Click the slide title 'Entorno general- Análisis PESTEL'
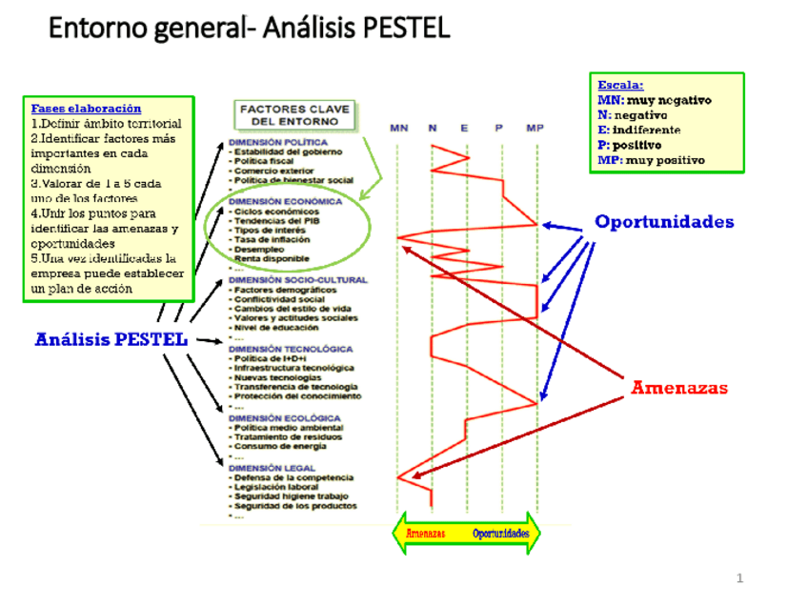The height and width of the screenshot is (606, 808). tap(249, 28)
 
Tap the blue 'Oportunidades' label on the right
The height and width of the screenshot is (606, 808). tap(664, 222)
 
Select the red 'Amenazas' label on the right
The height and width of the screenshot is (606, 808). tap(679, 388)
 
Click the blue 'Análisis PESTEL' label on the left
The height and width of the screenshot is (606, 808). tap(111, 339)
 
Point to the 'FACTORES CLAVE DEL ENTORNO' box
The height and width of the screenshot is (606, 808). tap(293, 115)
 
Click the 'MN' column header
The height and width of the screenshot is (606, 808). tap(398, 128)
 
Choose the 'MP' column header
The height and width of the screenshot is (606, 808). tap(535, 128)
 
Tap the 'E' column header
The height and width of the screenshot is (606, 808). tap(465, 128)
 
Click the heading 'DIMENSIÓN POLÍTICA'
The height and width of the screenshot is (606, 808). tap(278, 143)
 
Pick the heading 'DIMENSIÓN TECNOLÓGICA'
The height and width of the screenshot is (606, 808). tap(291, 350)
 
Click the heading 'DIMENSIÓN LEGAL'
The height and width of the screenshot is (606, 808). tap(271, 468)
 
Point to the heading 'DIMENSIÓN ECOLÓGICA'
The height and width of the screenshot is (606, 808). tap(284, 418)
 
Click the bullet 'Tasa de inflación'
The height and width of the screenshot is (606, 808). tap(271, 239)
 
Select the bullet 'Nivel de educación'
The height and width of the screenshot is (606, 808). tap(277, 328)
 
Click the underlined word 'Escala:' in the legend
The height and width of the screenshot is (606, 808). tap(620, 85)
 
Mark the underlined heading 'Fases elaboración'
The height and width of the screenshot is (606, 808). tap(86, 109)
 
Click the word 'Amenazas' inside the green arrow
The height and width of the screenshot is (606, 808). tap(426, 534)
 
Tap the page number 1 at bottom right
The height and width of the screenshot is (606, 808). tap(739, 578)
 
